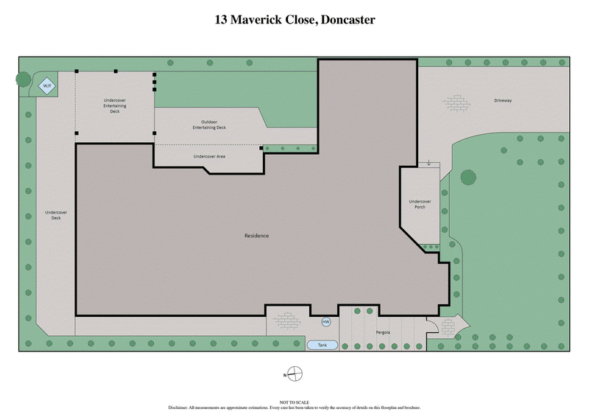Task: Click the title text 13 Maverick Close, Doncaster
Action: tap(294, 20)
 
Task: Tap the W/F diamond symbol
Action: tap(47, 86)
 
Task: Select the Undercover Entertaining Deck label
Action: tap(114, 106)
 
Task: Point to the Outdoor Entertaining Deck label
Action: tap(209, 125)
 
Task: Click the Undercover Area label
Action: tap(209, 156)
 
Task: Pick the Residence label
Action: tap(256, 236)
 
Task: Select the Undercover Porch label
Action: tap(420, 204)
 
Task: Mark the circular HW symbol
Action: tap(325, 322)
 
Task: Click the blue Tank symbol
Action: tap(322, 345)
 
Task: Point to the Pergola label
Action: tap(381, 332)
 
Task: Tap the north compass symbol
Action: tap(293, 374)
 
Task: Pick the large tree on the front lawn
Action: tap(468, 177)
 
